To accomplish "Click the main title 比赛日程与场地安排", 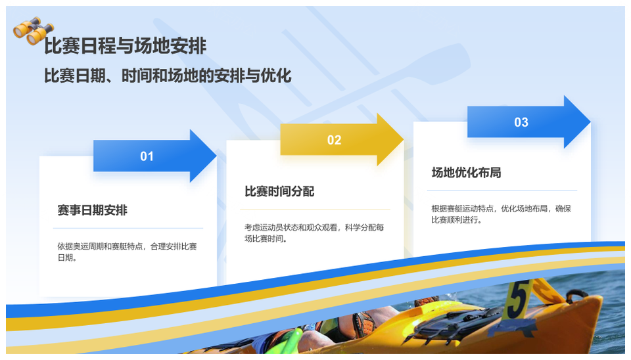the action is [x=125, y=46].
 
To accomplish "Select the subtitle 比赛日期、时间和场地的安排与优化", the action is [x=168, y=76].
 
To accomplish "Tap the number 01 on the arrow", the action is [x=147, y=156].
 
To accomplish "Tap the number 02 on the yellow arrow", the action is [x=334, y=140].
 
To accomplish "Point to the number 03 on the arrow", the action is [x=521, y=122].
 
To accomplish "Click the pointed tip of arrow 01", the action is [x=216, y=156].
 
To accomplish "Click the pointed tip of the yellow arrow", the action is [x=403, y=139].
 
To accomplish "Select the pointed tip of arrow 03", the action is [x=590, y=122].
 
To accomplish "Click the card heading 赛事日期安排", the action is [x=93, y=210].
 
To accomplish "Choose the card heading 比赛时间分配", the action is [x=279, y=191].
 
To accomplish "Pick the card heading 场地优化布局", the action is [x=467, y=173].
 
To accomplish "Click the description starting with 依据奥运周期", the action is [x=127, y=252].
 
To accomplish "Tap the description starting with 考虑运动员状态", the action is [x=314, y=233].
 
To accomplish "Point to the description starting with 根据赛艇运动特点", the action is [x=502, y=214].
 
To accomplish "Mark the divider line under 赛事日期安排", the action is [x=128, y=229].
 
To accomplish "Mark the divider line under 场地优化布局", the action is [x=502, y=191].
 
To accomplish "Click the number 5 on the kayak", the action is [x=517, y=300].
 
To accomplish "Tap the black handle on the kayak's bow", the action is [x=576, y=297].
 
